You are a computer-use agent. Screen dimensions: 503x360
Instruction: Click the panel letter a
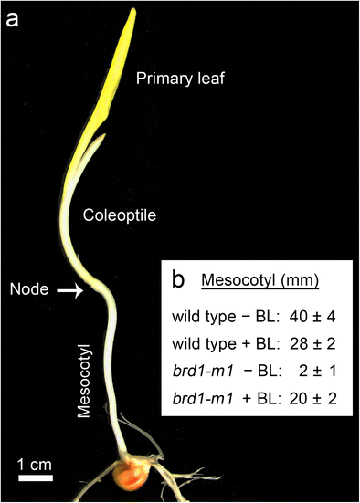coord(16,17)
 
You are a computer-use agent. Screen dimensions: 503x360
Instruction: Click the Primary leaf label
coord(180,80)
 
